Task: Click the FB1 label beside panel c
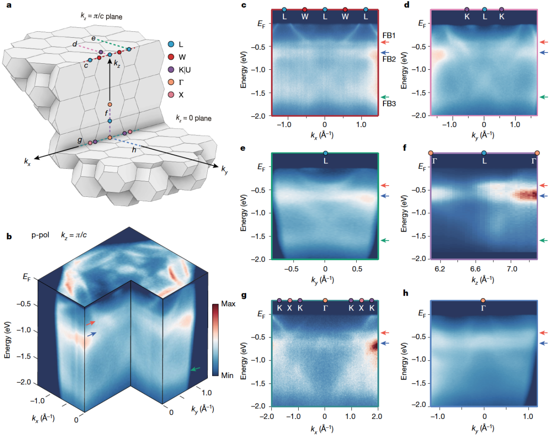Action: pos(389,36)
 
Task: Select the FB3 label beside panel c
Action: pos(389,104)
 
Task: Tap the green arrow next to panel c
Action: pos(385,97)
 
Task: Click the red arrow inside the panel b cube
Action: pos(90,323)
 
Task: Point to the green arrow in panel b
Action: pos(196,369)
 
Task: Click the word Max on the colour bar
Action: pos(228,304)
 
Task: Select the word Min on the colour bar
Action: pos(227,375)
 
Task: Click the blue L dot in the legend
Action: pos(171,44)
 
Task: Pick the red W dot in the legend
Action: pos(171,57)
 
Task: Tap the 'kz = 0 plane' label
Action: pos(193,118)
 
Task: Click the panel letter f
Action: pos(405,148)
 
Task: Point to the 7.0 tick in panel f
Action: pos(512,269)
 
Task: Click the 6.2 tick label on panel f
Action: pos(440,269)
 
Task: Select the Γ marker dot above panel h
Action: pos(483,301)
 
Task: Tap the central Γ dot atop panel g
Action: pos(325,301)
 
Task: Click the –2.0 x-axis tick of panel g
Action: pos(267,416)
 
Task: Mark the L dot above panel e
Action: pos(325,153)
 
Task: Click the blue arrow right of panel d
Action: pos(544,52)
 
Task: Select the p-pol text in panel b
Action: pos(40,235)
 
